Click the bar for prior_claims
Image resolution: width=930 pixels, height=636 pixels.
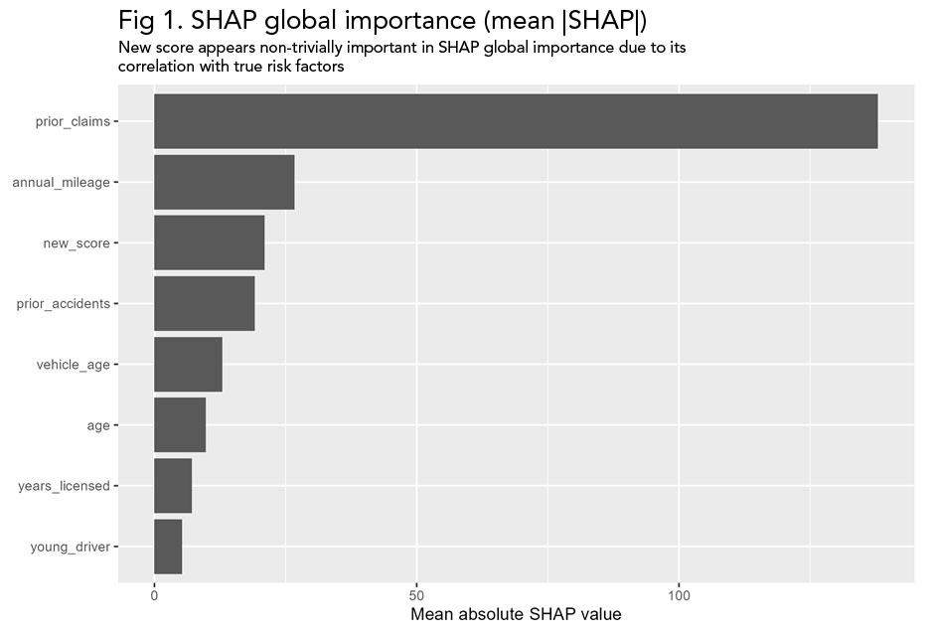(516, 121)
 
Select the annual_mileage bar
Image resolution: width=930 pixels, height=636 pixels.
(225, 182)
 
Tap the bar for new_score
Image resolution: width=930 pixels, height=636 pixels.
(210, 242)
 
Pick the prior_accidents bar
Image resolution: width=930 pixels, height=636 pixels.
(205, 303)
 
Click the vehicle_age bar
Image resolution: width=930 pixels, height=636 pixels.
(188, 365)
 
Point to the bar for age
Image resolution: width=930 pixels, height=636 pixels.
(180, 425)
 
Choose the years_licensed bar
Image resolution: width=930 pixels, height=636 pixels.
(173, 486)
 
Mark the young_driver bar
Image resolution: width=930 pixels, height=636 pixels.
(168, 547)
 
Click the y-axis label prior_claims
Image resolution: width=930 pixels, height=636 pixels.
(73, 121)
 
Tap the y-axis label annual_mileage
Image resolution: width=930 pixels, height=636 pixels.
(61, 183)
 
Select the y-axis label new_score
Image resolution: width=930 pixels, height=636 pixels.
(77, 243)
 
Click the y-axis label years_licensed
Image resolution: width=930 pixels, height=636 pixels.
(64, 487)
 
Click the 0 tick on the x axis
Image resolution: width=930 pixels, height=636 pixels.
(154, 595)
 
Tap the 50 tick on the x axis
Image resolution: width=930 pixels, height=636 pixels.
(416, 595)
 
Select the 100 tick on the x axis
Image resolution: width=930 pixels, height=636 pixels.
(679, 595)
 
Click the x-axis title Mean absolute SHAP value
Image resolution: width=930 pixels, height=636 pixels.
(516, 615)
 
